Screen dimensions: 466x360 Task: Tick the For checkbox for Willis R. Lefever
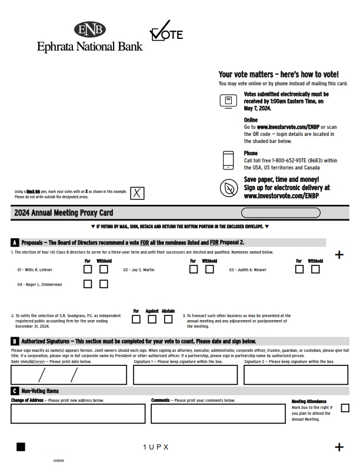pos(88,269)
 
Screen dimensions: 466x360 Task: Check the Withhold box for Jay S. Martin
pos(209,269)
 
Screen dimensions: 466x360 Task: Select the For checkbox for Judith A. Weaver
pos(299,269)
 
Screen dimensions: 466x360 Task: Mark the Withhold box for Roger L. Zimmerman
pos(104,284)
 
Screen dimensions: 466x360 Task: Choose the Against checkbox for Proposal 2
pos(152,319)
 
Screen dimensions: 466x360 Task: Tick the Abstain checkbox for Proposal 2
pos(168,319)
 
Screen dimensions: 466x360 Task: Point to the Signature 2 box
pos(297,375)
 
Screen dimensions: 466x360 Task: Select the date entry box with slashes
pos(68,375)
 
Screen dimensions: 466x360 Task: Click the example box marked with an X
pos(136,193)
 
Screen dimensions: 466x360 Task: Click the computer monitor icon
pos(228,101)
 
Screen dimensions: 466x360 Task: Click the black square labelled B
pos(15,341)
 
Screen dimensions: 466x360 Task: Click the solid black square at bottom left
pos(21,447)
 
